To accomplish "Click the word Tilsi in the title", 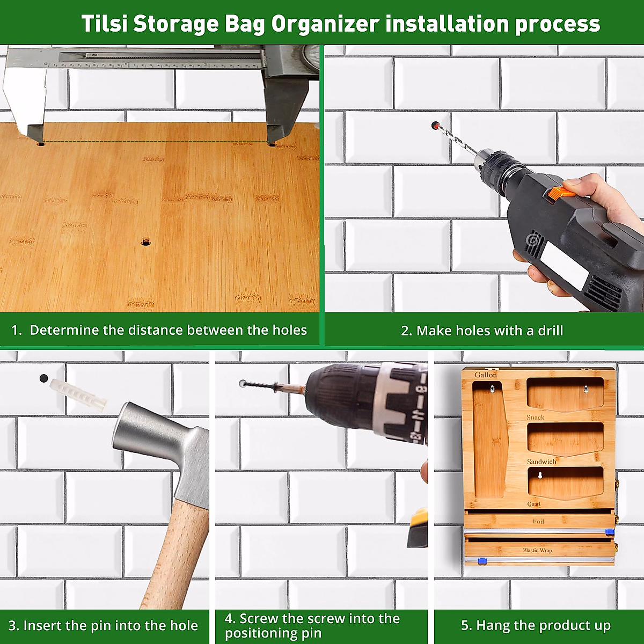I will tap(104, 24).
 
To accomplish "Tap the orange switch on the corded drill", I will tap(559, 193).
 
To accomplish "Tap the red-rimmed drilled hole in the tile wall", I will tap(435, 126).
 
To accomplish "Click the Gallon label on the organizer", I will tap(485, 375).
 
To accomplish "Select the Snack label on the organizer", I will tap(535, 417).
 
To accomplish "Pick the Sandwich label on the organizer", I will tap(541, 462).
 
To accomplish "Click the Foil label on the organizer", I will tap(538, 521).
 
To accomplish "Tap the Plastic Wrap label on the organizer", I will tap(537, 550).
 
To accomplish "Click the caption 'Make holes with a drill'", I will tap(482, 331).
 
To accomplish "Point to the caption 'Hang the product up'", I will tap(536, 626).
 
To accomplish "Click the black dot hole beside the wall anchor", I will tap(43, 378).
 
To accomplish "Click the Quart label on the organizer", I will tap(533, 503).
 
